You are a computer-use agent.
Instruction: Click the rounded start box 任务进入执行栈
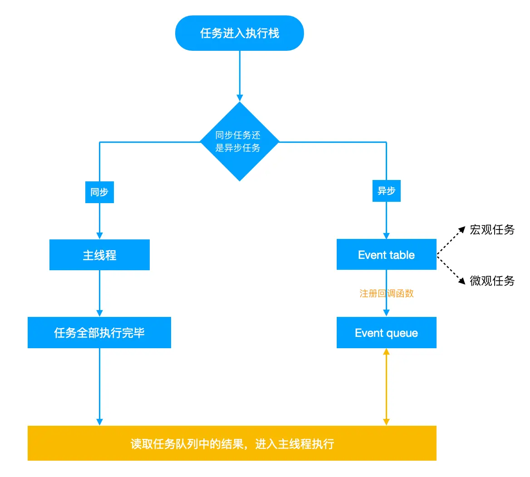[x=239, y=33]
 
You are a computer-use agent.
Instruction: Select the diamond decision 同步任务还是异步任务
[x=239, y=141]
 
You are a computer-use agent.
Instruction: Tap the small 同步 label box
[x=99, y=192]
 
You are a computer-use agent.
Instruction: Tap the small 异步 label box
[x=386, y=191]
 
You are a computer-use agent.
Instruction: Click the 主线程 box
[x=99, y=255]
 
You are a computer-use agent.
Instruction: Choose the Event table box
[x=386, y=254]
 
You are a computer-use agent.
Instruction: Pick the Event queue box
[x=386, y=333]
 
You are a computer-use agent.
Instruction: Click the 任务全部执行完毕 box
[x=99, y=333]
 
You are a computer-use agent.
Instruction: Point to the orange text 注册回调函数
[x=386, y=293]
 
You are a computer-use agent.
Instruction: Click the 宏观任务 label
[x=492, y=229]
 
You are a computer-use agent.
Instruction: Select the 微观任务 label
[x=492, y=281]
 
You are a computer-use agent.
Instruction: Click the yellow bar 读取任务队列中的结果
[x=232, y=443]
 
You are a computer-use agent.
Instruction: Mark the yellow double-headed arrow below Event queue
[x=386, y=387]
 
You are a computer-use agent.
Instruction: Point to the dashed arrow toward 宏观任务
[x=451, y=241]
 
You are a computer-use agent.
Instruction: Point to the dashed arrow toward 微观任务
[x=451, y=270]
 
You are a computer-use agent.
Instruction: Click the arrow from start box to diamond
[x=240, y=75]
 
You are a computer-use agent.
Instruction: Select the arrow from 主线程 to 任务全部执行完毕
[x=99, y=293]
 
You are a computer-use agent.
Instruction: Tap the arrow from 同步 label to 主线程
[x=99, y=220]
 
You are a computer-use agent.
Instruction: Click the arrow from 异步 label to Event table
[x=386, y=220]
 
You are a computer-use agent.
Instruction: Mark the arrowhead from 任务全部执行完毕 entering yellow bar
[x=99, y=422]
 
